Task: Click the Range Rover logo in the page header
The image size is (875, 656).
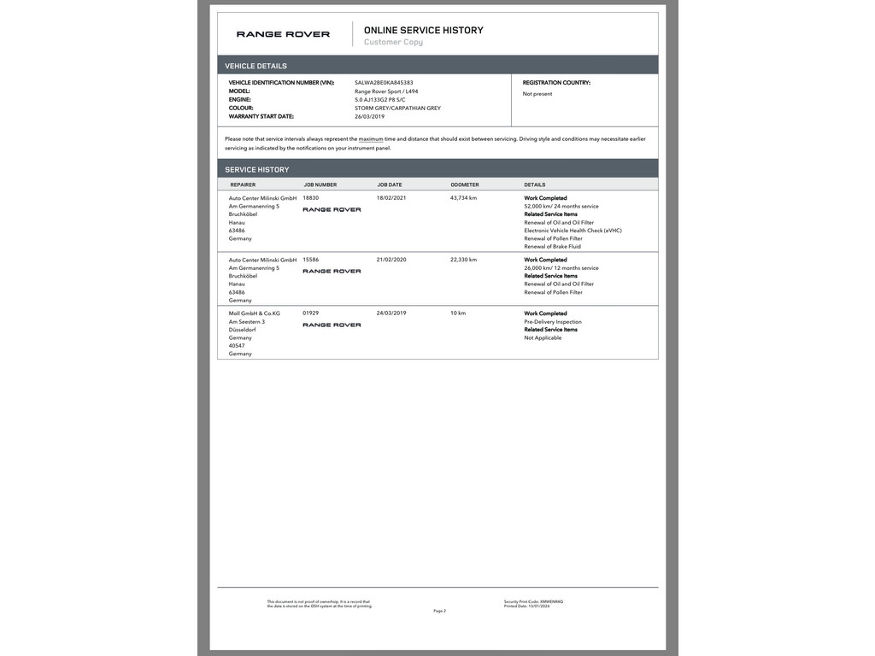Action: click(x=283, y=34)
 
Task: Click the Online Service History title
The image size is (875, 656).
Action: click(x=423, y=30)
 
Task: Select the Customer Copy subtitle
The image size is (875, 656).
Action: click(x=393, y=42)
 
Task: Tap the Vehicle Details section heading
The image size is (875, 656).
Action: click(x=255, y=66)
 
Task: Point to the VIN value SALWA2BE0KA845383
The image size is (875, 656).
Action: click(x=384, y=83)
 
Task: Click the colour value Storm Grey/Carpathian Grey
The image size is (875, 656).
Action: click(x=397, y=108)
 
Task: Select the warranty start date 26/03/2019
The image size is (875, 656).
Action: click(x=369, y=116)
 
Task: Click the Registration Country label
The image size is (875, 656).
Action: click(x=556, y=83)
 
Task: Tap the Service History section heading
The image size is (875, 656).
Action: click(x=256, y=169)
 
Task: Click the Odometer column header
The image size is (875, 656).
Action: click(x=465, y=184)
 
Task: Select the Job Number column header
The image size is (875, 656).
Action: click(x=320, y=184)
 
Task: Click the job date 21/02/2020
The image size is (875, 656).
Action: click(x=391, y=260)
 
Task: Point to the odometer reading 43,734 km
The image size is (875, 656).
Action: click(x=463, y=198)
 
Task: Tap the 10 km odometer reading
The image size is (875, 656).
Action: click(x=458, y=313)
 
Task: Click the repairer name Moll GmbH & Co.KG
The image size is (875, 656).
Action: click(x=254, y=313)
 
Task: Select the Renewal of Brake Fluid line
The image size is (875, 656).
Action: click(x=552, y=247)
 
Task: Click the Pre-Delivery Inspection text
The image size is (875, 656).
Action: click(x=552, y=322)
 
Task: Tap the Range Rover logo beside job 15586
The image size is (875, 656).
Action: click(x=332, y=272)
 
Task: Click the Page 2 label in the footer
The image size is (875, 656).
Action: click(x=439, y=611)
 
